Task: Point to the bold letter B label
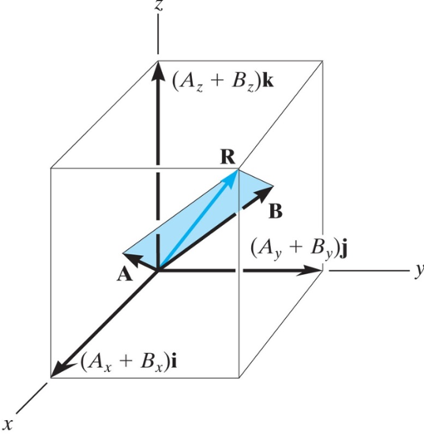[x=275, y=211]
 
